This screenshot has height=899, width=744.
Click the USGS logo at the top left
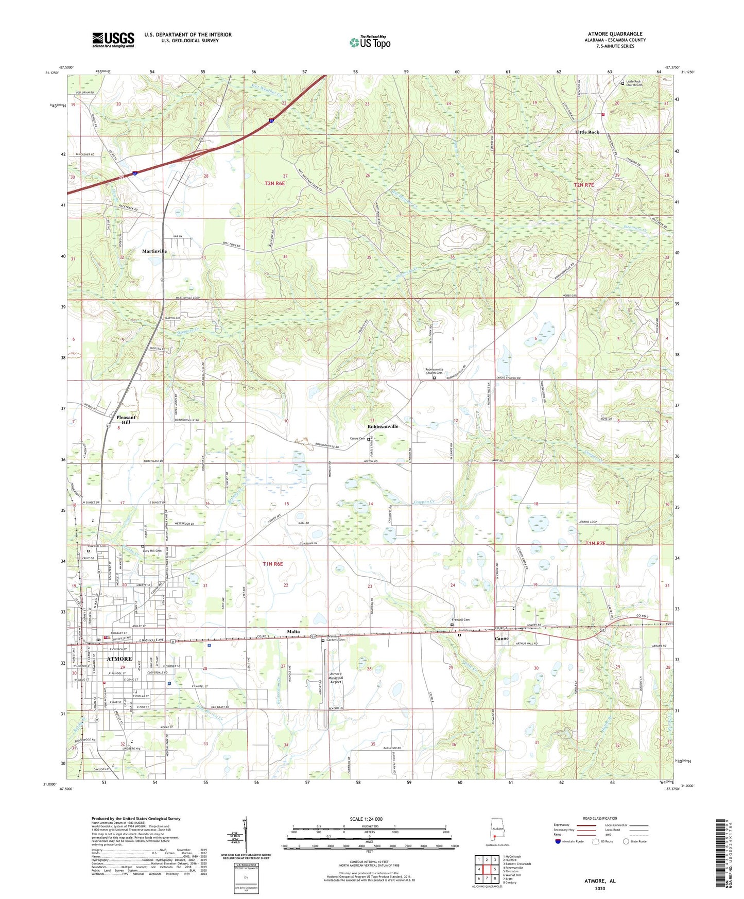[113, 40]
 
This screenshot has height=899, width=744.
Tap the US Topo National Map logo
[370, 42]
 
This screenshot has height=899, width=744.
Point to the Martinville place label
[154, 251]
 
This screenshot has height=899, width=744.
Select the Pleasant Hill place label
[126, 420]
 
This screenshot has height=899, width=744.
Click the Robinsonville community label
[383, 427]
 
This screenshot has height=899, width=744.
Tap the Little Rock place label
[587, 132]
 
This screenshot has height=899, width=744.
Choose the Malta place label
[293, 631]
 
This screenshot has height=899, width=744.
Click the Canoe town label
[502, 638]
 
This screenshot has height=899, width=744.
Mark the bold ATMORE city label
[119, 659]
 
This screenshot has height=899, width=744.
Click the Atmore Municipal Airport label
[336, 678]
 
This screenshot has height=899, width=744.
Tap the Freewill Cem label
[461, 620]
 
